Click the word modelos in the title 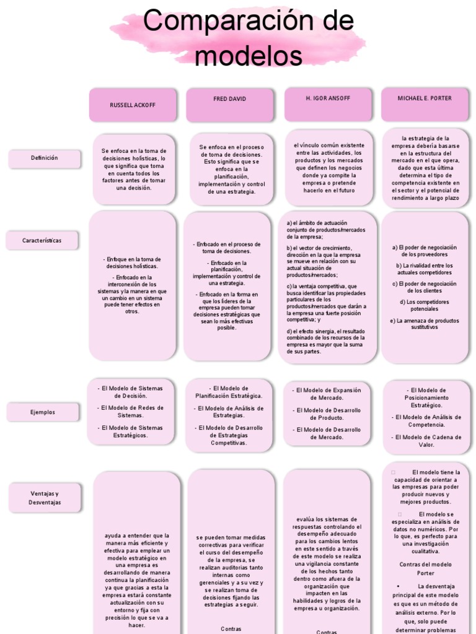[x=248, y=56]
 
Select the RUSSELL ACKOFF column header [x=133, y=105]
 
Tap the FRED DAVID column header [x=229, y=99]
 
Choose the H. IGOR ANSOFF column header [x=328, y=98]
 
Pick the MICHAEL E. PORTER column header [x=425, y=98]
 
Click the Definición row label [x=44, y=158]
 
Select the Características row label [x=42, y=240]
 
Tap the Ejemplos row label [x=43, y=412]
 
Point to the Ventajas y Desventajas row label [x=45, y=498]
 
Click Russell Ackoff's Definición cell [x=134, y=169]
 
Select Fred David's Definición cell [x=231, y=169]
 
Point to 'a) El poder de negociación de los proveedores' [x=425, y=251]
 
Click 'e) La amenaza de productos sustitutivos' [x=425, y=324]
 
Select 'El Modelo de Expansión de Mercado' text [x=328, y=394]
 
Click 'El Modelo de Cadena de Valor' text [x=426, y=441]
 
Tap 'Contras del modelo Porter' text [x=426, y=568]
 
